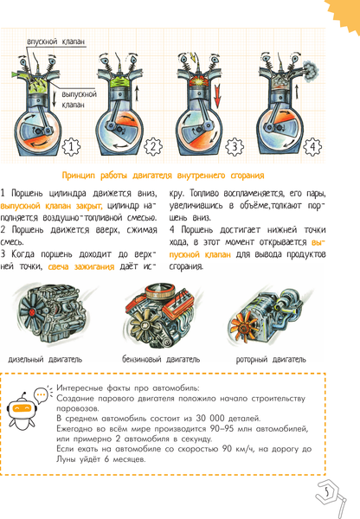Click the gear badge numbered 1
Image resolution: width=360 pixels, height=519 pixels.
point(72,147)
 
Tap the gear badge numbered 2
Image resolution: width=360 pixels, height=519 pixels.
point(153,146)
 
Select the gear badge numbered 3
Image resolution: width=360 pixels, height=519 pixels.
point(235,146)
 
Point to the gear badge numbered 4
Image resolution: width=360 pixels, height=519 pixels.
point(312,146)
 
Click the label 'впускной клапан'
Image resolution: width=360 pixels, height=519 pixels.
point(55,42)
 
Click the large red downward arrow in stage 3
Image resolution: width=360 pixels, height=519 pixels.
point(217,95)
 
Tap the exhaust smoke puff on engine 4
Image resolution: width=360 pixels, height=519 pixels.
point(311,70)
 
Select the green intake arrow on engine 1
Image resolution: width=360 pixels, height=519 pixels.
point(15,74)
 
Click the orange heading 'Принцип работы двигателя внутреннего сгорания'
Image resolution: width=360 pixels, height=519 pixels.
point(164,176)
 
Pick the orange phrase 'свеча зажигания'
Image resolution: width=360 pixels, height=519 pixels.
point(81,266)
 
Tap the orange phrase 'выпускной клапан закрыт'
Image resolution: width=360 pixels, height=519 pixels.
point(51,206)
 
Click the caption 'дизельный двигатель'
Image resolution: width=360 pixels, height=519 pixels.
point(45,360)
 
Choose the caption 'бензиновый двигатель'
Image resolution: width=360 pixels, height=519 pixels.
point(161,360)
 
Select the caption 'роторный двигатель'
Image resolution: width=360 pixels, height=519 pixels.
point(271,360)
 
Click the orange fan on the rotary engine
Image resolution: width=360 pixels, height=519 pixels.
point(244,328)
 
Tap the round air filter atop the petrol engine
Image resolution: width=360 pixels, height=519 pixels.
point(160,290)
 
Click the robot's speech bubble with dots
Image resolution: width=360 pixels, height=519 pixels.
point(41,395)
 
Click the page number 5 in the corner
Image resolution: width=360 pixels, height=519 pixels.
point(327,492)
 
